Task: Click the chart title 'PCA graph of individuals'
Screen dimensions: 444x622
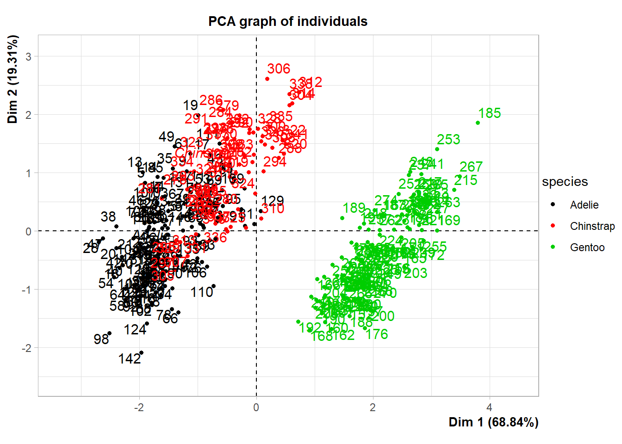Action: [287, 21]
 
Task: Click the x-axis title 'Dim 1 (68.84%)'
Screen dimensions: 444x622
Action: [493, 422]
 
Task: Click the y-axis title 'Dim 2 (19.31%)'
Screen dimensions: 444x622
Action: [12, 79]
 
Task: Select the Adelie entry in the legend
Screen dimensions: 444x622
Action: [584, 205]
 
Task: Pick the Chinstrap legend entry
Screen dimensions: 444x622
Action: [592, 226]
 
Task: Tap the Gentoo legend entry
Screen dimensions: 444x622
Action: [587, 247]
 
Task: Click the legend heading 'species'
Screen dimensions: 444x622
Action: [565, 182]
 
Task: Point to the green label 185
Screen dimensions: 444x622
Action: [490, 113]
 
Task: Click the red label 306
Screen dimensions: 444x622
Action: [279, 69]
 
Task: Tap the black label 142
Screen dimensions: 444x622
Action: [130, 359]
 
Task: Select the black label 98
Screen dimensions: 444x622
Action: [101, 339]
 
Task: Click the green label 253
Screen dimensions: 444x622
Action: [448, 140]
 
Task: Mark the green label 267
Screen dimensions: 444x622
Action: [471, 166]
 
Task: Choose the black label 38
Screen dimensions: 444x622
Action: [108, 216]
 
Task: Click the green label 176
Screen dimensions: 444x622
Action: [377, 334]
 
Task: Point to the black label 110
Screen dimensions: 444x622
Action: [202, 292]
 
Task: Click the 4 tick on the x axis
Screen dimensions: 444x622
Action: [489, 407]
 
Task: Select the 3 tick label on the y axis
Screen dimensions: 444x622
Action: [29, 56]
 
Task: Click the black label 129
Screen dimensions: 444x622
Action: [273, 201]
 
